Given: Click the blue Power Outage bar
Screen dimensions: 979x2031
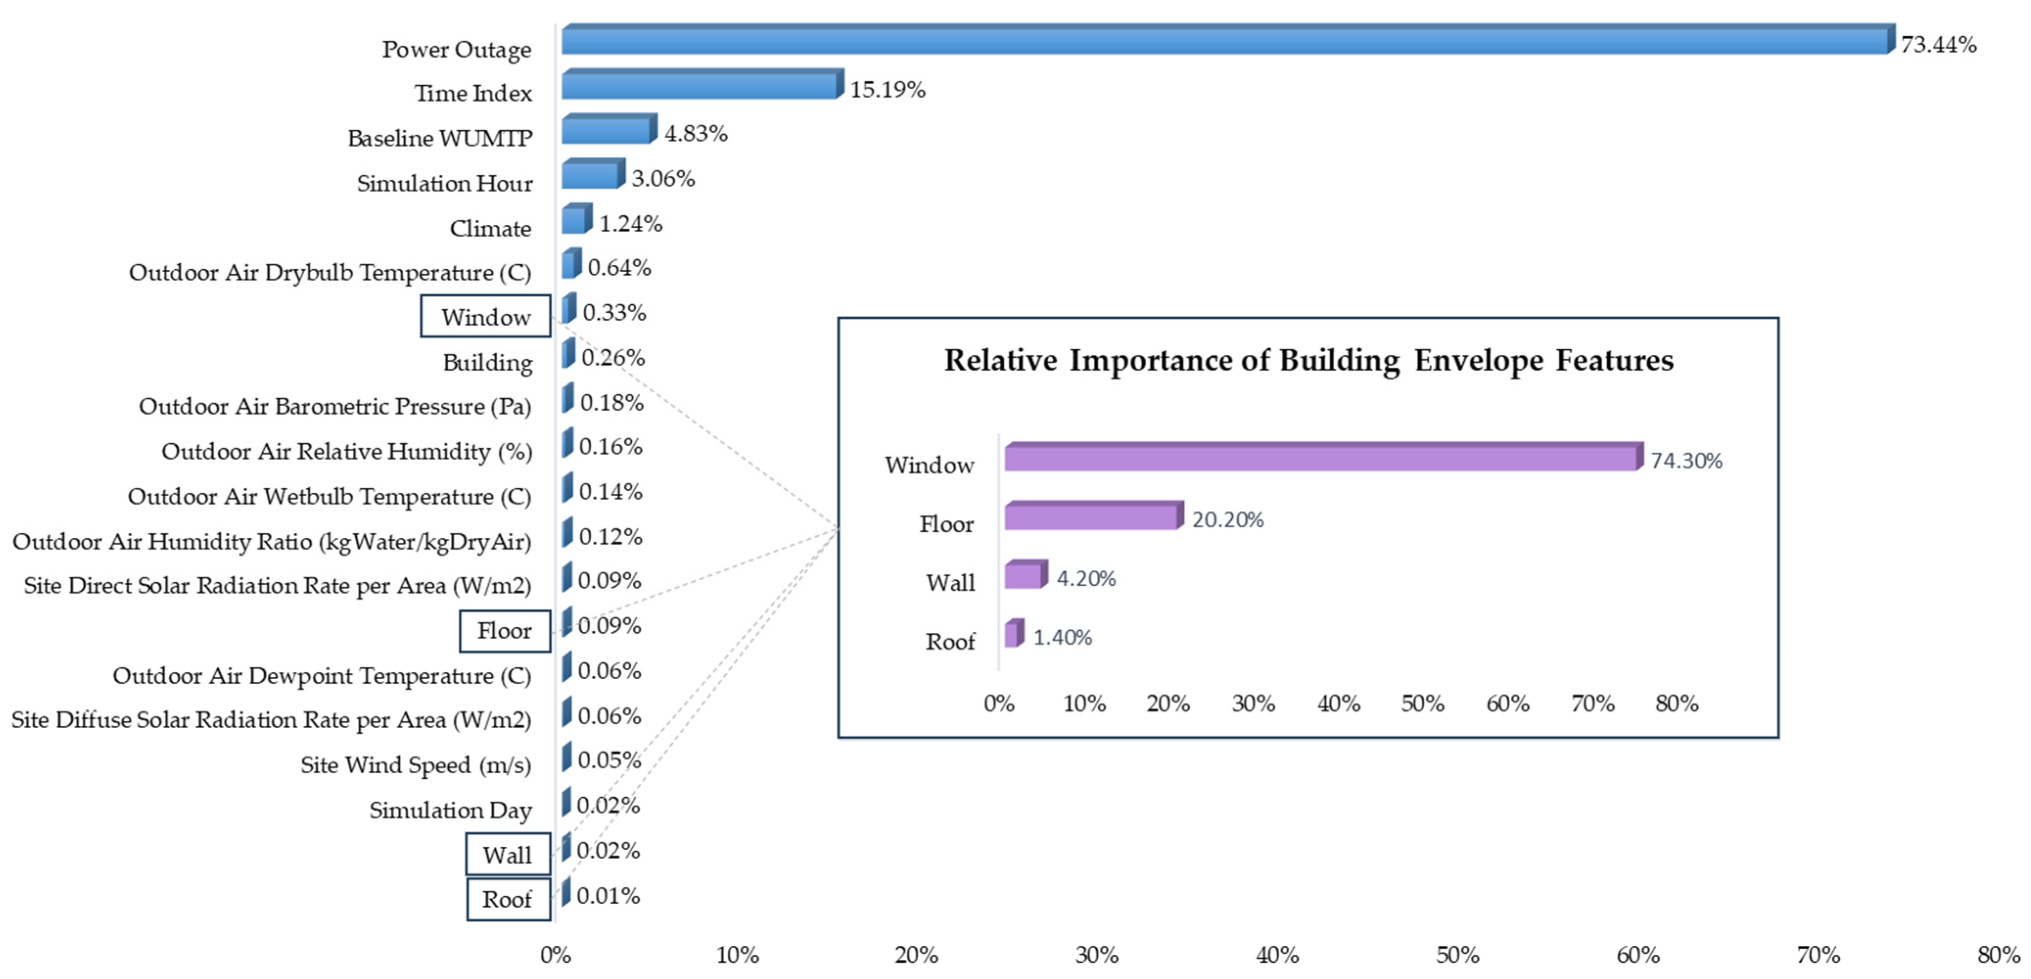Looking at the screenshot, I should [1226, 40].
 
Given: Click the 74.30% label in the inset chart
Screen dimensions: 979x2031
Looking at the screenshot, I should [1686, 461].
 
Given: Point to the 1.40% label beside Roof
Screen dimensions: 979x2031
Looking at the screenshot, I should [1062, 638].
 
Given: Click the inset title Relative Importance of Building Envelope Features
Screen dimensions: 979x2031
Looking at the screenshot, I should [1308, 360].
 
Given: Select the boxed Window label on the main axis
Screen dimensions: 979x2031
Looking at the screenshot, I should [485, 316].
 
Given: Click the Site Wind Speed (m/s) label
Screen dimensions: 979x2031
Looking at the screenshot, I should [415, 765].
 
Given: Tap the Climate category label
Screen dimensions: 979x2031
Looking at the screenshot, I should [490, 228].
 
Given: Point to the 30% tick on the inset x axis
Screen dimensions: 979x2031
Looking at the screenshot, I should [1253, 703].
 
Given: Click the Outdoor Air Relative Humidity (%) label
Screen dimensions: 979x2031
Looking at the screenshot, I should [347, 451].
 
